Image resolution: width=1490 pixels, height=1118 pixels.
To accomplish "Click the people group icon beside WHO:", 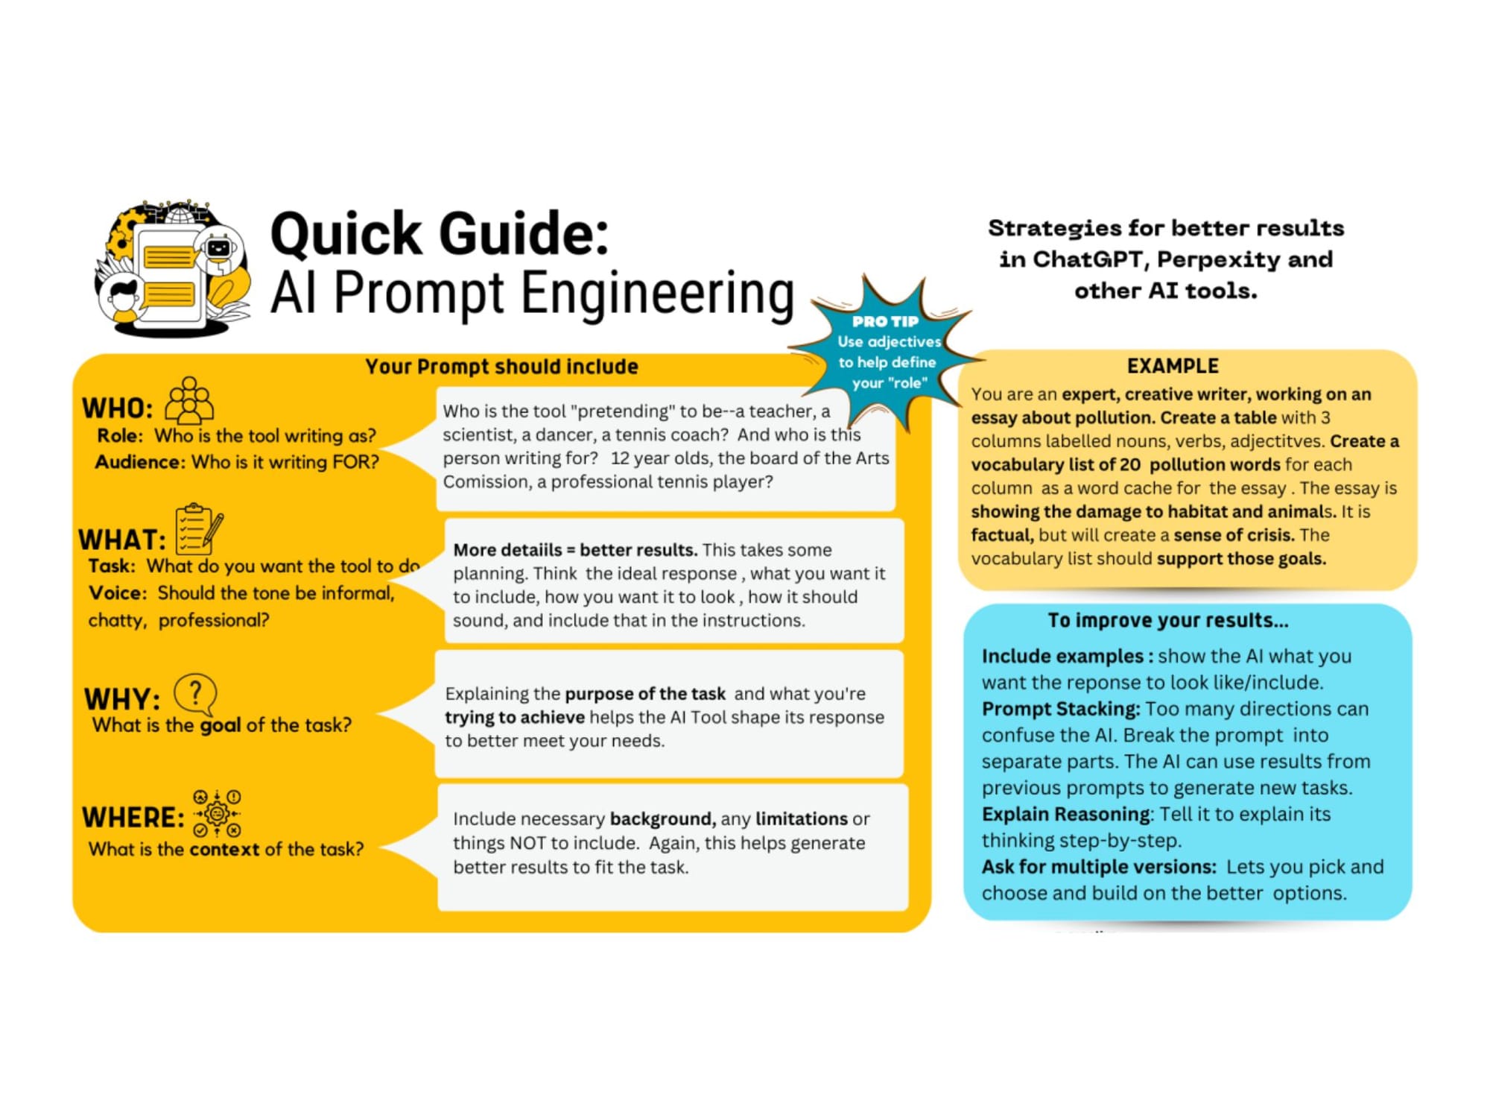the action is pyautogui.click(x=189, y=400).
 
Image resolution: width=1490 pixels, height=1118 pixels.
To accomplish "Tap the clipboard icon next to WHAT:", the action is pyautogui.click(x=199, y=529).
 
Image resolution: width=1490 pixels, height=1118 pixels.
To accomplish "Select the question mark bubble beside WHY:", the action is pyautogui.click(x=195, y=695).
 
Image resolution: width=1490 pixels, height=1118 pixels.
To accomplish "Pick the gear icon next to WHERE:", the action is pyautogui.click(x=217, y=813).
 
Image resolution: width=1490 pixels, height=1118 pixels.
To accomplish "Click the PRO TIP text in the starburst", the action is pyautogui.click(x=886, y=321).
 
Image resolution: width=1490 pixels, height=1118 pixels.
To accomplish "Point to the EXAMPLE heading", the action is pyautogui.click(x=1173, y=366).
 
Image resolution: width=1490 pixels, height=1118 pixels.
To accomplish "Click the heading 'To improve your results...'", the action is pyautogui.click(x=1167, y=620).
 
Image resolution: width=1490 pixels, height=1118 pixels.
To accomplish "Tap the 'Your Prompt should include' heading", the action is pyautogui.click(x=501, y=367).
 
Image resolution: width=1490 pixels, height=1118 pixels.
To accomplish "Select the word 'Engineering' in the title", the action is pyautogui.click(x=657, y=294).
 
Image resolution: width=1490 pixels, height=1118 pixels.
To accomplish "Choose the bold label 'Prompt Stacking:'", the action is pyautogui.click(x=1061, y=709).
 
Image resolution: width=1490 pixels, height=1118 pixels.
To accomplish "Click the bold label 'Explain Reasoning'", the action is pyautogui.click(x=1066, y=814).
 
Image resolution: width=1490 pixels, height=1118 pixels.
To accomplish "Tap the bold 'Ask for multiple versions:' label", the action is pyautogui.click(x=1099, y=867).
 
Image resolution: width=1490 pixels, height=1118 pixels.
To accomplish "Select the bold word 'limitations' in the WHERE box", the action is pyautogui.click(x=802, y=819).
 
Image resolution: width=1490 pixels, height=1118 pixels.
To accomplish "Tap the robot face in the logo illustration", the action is pyautogui.click(x=219, y=247).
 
